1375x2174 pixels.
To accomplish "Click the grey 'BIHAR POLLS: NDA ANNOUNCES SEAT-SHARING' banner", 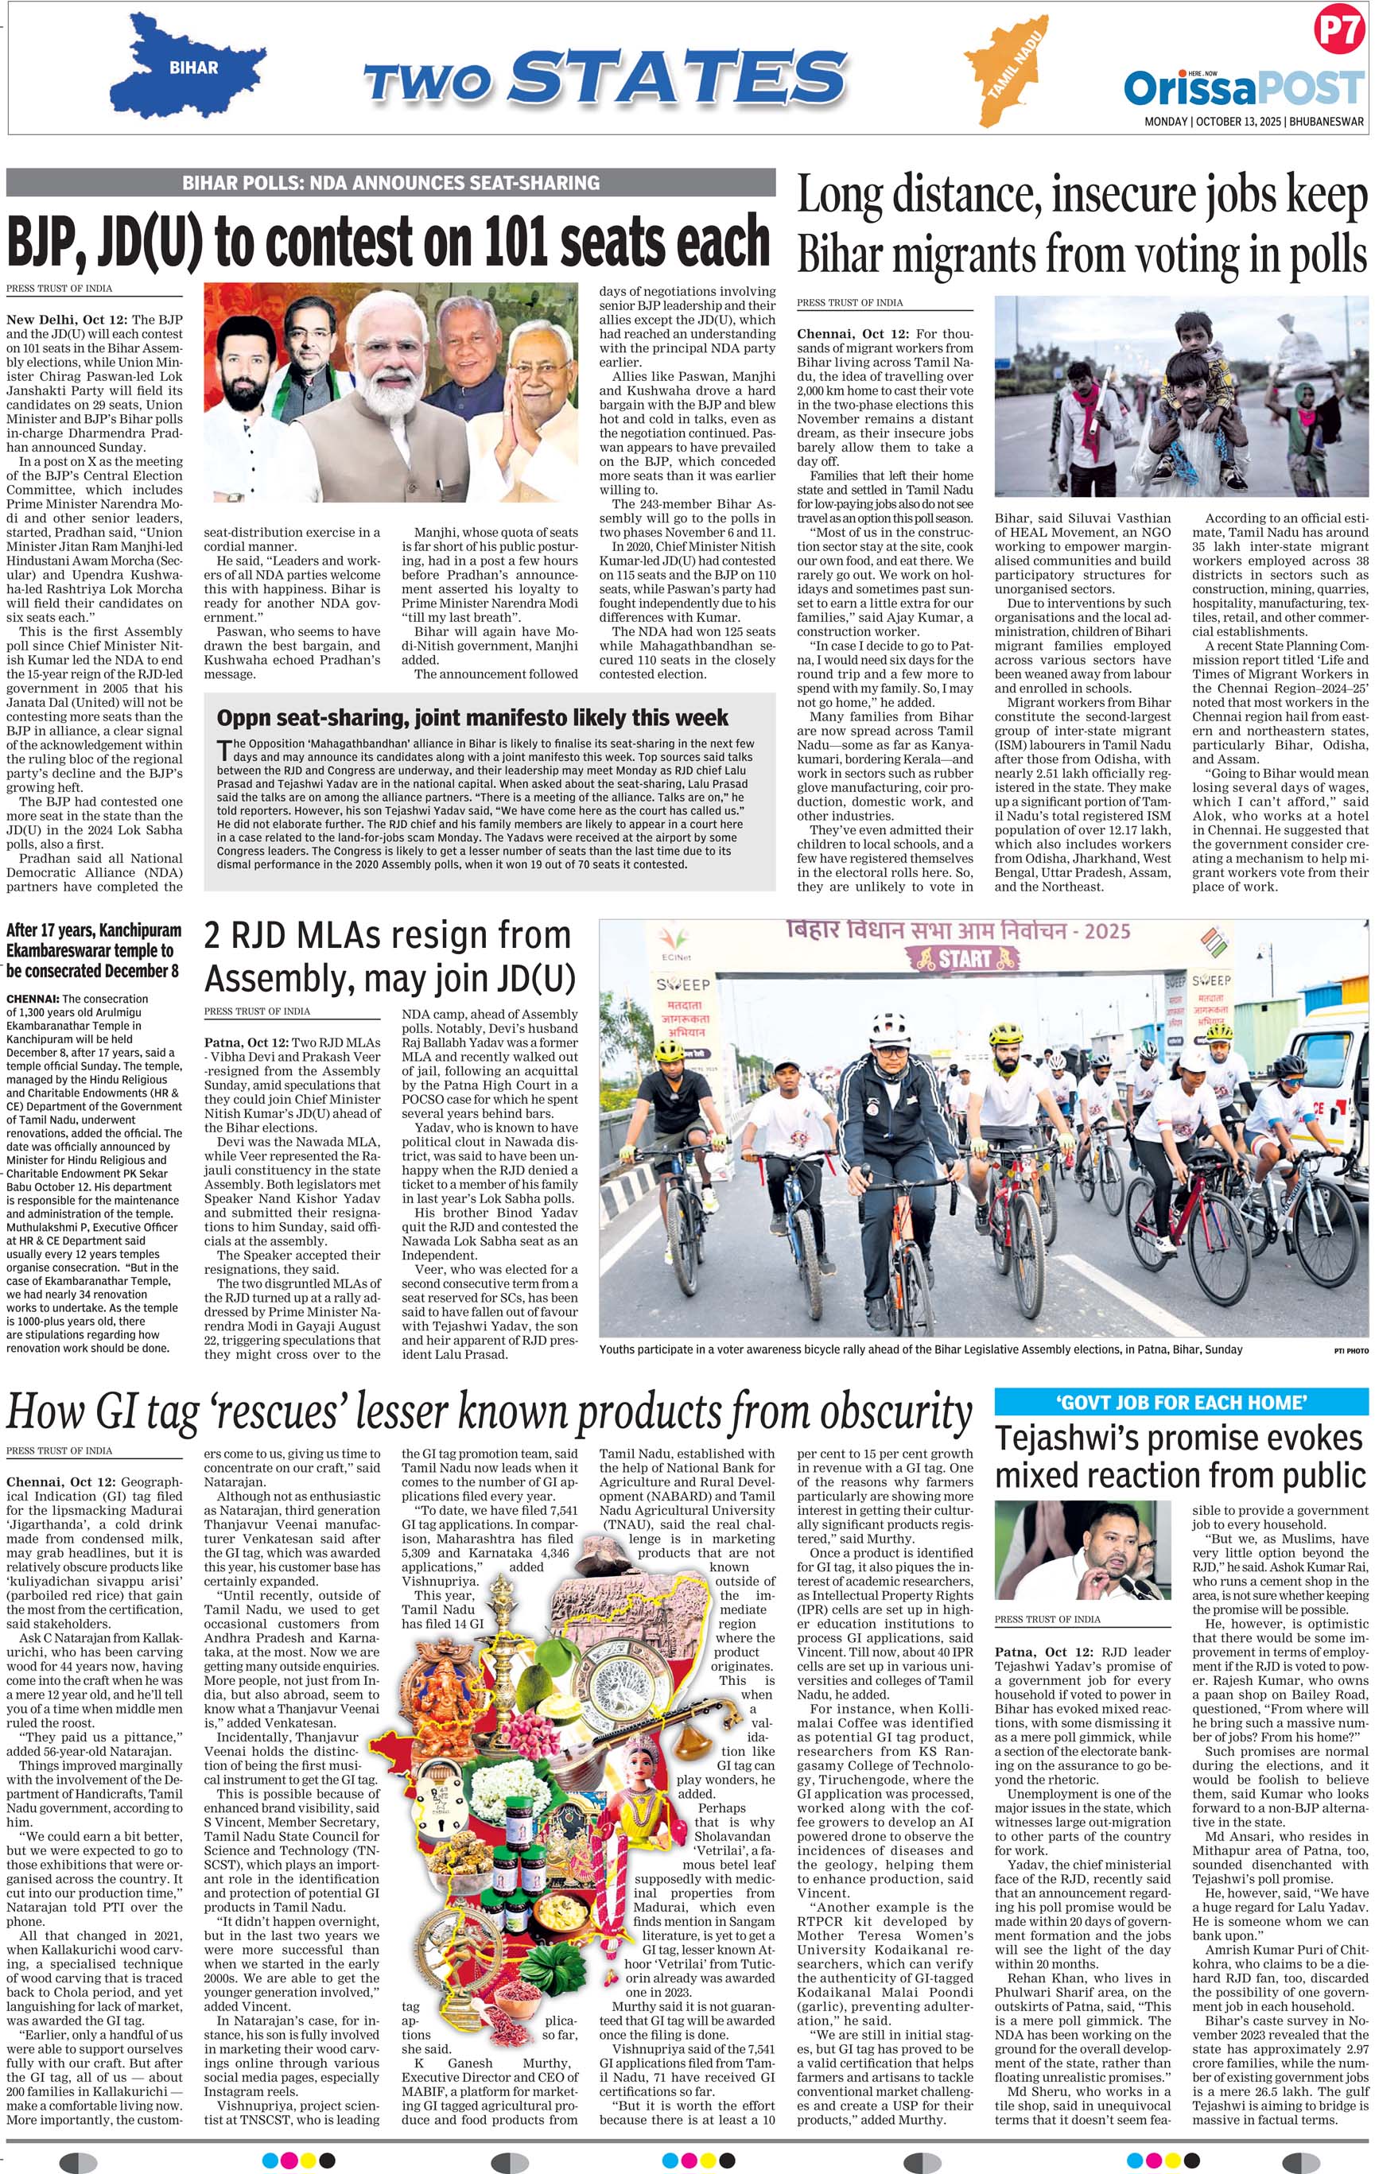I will [390, 182].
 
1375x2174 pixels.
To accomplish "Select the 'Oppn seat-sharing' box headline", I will [472, 718].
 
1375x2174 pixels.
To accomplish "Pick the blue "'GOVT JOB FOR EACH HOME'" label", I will [1181, 1402].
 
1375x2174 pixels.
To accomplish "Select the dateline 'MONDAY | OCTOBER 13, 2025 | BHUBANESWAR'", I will [1253, 121].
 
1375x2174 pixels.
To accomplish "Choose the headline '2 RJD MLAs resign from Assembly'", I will [389, 956].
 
